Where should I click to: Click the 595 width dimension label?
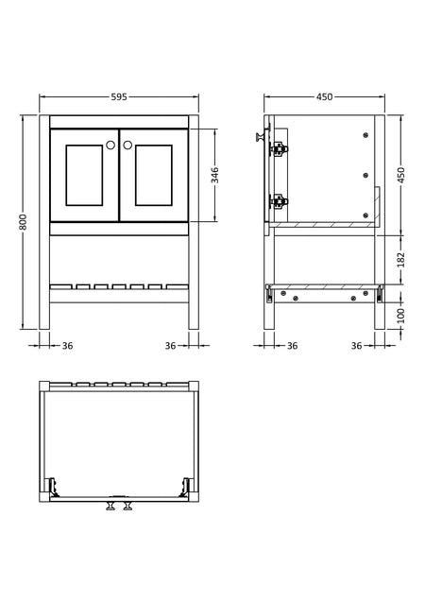tap(119, 96)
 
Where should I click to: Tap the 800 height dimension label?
tap(23, 222)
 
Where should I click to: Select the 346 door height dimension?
tap(215, 175)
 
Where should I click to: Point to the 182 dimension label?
tap(400, 260)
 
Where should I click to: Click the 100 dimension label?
tap(400, 316)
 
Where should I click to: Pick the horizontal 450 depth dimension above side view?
tap(325, 96)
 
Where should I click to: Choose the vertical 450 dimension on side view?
tap(400, 175)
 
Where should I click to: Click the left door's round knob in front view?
tap(110, 145)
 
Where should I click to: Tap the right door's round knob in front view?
tap(127, 145)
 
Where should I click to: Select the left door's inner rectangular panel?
tap(84, 175)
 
